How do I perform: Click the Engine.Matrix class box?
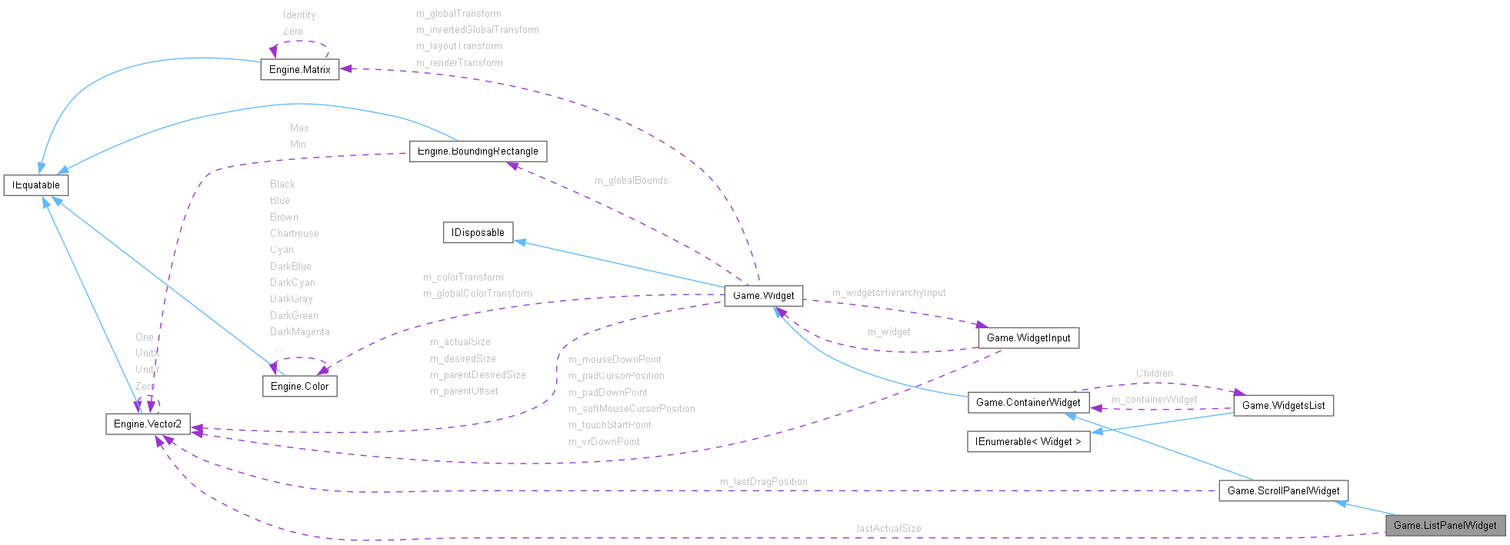pos(300,69)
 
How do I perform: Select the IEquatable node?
pos(36,185)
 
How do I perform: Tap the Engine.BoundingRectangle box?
pos(478,151)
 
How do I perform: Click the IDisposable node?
pos(478,233)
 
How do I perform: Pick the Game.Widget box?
pos(763,295)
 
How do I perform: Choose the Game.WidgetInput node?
pos(1028,337)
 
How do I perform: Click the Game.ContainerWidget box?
pos(1028,402)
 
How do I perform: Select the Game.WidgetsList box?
pos(1283,405)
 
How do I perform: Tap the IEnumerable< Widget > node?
pos(1028,442)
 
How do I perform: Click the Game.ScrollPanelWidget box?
pos(1283,490)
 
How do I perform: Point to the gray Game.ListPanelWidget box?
pos(1445,525)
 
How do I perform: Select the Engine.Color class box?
pos(299,386)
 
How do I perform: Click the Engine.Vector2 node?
pos(148,424)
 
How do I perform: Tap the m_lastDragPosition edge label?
pos(763,482)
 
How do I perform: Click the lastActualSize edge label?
pos(888,529)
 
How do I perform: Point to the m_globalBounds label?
pos(631,181)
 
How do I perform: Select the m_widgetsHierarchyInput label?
pos(888,293)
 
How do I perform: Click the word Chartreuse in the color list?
pos(294,234)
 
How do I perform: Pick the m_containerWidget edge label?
pos(1154,400)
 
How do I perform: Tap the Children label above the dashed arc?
pos(1154,374)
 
